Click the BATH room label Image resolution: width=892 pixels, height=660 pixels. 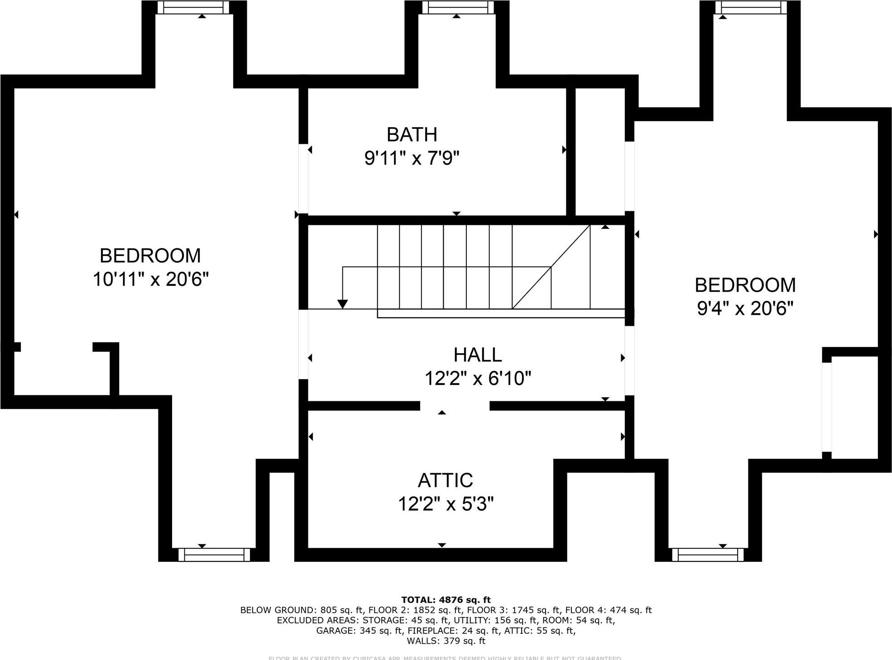click(412, 135)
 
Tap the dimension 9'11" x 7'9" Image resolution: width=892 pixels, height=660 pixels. click(412, 158)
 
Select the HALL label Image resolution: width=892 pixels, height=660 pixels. click(477, 355)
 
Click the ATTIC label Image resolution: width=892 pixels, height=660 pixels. click(445, 480)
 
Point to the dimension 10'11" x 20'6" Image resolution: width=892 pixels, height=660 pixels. click(150, 280)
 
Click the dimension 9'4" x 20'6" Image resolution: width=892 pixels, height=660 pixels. click(745, 309)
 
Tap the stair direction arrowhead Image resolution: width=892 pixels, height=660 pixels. click(343, 304)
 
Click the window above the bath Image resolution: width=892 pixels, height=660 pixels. click(456, 7)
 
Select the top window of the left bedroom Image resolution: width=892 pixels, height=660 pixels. click(193, 7)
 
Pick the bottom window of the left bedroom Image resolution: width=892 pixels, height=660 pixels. click(214, 555)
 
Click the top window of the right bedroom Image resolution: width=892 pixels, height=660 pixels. click(751, 7)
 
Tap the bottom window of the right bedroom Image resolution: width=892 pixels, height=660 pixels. click(707, 555)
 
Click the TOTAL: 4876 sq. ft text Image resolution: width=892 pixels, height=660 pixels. click(446, 600)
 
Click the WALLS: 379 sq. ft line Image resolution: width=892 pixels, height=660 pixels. click(446, 641)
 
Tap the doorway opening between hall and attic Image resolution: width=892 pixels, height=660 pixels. click(455, 406)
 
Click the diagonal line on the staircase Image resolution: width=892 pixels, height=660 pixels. click(551, 267)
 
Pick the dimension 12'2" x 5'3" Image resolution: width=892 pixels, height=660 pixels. click(445, 504)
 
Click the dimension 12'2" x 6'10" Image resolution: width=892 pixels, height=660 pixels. click(477, 379)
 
